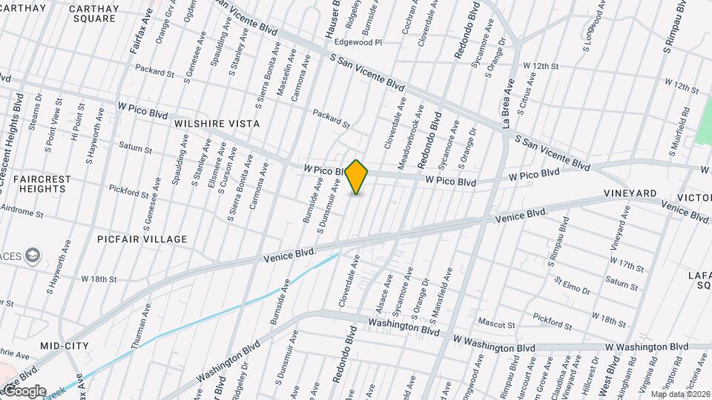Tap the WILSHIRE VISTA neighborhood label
(217, 124)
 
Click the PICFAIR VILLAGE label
(142, 239)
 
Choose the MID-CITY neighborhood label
(65, 346)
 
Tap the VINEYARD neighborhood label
(630, 193)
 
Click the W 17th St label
(627, 263)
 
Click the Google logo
(24, 390)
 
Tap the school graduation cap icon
(33, 256)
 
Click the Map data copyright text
(680, 394)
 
